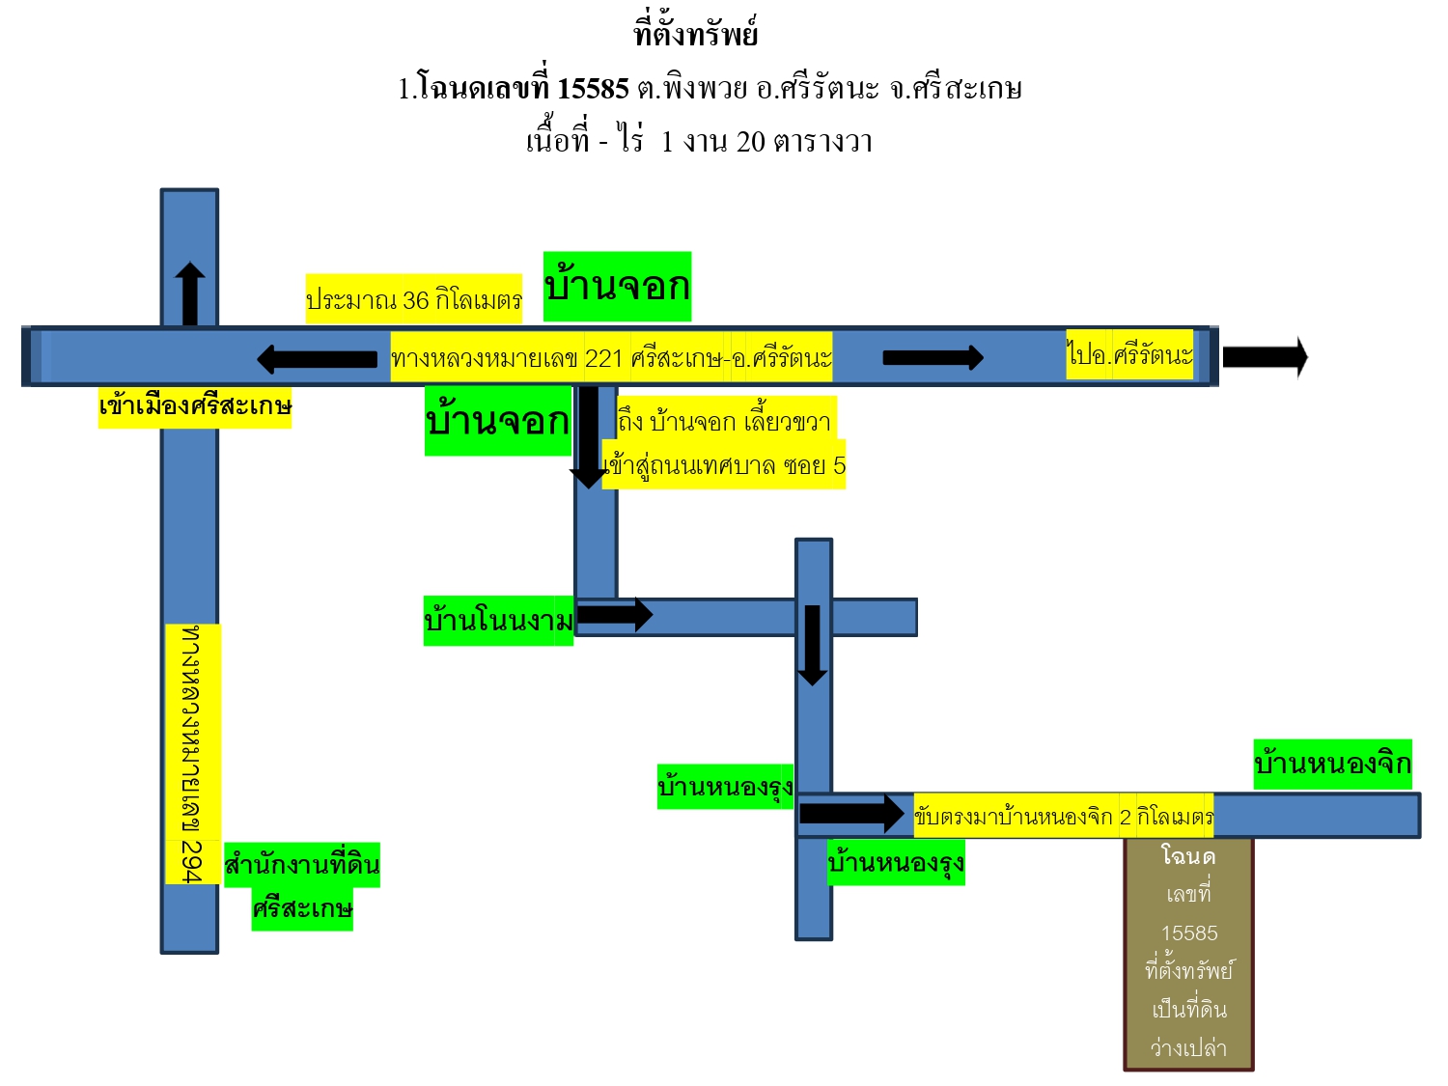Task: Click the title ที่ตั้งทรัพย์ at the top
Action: point(695,32)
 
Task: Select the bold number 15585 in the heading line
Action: point(593,89)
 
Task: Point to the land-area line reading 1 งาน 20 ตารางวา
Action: point(766,142)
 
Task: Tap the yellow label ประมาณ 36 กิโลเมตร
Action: point(413,298)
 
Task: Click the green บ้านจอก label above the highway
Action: point(617,286)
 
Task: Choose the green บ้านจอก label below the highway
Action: point(497,421)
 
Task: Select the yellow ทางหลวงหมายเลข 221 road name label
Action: point(611,357)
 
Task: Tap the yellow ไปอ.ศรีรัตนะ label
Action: point(1129,354)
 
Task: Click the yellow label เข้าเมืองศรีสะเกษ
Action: point(195,406)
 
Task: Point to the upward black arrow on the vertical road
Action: point(190,293)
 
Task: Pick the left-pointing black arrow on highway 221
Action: point(317,359)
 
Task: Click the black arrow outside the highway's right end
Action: point(1266,357)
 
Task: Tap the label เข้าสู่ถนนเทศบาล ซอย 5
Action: point(724,465)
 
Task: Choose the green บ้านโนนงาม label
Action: point(498,621)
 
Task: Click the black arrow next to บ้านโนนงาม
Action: point(615,615)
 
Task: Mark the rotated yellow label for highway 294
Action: point(193,754)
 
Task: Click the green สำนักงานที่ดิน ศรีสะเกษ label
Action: point(302,886)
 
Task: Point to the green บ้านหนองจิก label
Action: point(1332,764)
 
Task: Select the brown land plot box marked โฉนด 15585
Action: point(1188,954)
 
